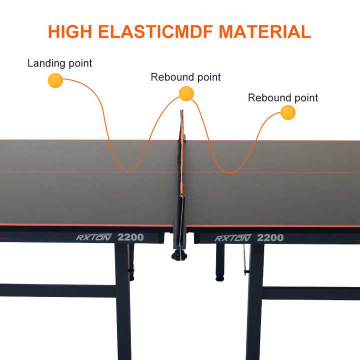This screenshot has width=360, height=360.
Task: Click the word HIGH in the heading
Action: pos(70,31)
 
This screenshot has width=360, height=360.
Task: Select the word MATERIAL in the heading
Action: pos(265,31)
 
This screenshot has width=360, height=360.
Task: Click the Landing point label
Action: pos(59,63)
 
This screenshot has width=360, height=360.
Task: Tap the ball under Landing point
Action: pos(55,80)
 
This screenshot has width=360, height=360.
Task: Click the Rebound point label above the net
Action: pos(185,77)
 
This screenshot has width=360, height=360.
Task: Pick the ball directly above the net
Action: pos(186,93)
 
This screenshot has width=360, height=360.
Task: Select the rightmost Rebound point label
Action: pos(283,97)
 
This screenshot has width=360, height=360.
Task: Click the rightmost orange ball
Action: pos(288,112)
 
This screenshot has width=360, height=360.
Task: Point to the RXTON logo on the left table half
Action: pos(94,237)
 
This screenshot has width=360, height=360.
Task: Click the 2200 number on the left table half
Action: pos(130,237)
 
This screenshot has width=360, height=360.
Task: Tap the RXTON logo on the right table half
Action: pos(233,238)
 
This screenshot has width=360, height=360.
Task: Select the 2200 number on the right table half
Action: pos(270,238)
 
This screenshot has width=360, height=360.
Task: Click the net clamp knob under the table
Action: pos(179,255)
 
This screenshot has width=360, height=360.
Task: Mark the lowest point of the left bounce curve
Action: pos(129,170)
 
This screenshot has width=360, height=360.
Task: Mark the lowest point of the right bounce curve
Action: pos(230,172)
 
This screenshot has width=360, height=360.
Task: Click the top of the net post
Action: pos(182,110)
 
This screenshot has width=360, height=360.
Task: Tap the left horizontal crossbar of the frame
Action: pos(57,290)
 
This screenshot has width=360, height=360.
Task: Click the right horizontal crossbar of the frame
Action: pos(311,293)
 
